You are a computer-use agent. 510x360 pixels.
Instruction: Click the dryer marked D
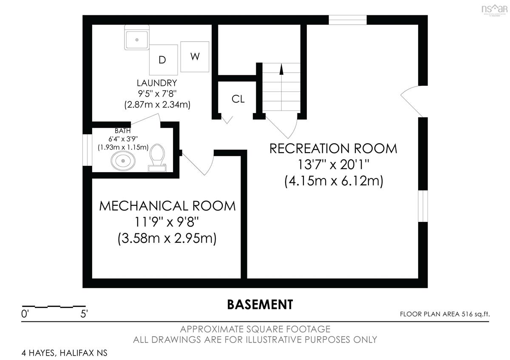163,60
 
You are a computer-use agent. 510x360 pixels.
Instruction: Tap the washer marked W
195,57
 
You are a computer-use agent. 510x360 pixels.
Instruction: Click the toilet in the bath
157,158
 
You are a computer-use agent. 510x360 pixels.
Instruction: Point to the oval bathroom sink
123,161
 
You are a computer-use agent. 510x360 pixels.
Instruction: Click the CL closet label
238,99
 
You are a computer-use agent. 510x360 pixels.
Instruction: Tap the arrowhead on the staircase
281,69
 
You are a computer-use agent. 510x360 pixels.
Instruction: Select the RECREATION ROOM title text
333,148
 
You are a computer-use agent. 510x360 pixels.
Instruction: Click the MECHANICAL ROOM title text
167,206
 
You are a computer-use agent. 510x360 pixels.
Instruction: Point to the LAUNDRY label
157,83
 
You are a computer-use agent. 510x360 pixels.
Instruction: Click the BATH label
122,131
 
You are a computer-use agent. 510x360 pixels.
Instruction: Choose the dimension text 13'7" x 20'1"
333,164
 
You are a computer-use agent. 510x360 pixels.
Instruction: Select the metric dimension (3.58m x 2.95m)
167,238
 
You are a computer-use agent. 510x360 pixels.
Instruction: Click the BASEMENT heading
260,305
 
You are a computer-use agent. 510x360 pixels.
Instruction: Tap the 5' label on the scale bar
84,314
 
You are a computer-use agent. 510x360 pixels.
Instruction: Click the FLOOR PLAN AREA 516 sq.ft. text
445,314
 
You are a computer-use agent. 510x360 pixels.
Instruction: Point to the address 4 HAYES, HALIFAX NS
65,353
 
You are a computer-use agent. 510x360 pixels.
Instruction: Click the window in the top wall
348,20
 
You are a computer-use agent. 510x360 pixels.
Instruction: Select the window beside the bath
87,150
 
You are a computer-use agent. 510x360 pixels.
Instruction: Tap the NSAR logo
494,10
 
